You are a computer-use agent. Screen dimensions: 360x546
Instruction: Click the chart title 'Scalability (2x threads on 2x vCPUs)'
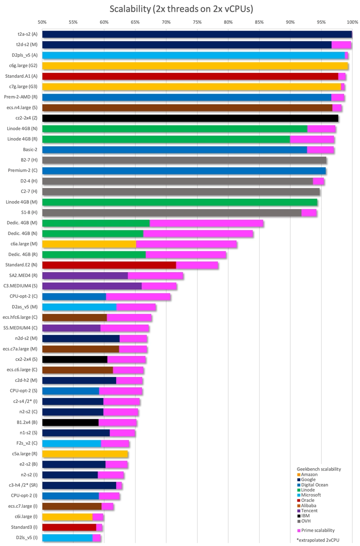click(x=181, y=9)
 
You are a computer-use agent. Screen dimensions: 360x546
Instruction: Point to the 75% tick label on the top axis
click(x=197, y=22)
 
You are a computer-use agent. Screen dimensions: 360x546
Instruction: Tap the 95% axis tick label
click(x=321, y=22)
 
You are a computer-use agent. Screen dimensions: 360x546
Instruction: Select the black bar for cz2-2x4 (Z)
click(x=190, y=118)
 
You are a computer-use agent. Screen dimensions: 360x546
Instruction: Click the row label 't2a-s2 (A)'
click(x=27, y=34)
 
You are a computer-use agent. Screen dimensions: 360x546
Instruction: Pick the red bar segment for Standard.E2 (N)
click(x=109, y=265)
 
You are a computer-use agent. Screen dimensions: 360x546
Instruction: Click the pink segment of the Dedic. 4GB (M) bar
click(x=207, y=223)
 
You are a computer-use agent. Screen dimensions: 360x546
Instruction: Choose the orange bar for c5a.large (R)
click(x=85, y=454)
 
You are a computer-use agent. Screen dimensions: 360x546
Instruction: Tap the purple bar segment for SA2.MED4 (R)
click(x=85, y=275)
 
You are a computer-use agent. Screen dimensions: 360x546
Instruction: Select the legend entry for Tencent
click(x=307, y=510)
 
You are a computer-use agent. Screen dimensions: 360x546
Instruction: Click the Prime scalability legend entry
click(x=316, y=530)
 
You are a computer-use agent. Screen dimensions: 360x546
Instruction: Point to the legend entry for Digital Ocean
click(x=312, y=485)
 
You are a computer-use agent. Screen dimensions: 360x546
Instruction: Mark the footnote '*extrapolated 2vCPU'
click(x=318, y=540)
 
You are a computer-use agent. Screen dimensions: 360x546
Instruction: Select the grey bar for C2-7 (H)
click(x=181, y=192)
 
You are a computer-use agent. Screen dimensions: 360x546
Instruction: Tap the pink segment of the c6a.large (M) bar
click(x=186, y=244)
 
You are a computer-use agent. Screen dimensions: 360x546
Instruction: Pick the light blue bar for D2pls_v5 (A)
click(x=193, y=55)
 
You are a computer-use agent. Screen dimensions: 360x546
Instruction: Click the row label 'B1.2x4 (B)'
click(x=27, y=422)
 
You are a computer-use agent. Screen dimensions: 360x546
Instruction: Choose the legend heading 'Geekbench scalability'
click(x=319, y=469)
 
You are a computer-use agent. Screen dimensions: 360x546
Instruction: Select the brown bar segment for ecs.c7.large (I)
click(x=72, y=506)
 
